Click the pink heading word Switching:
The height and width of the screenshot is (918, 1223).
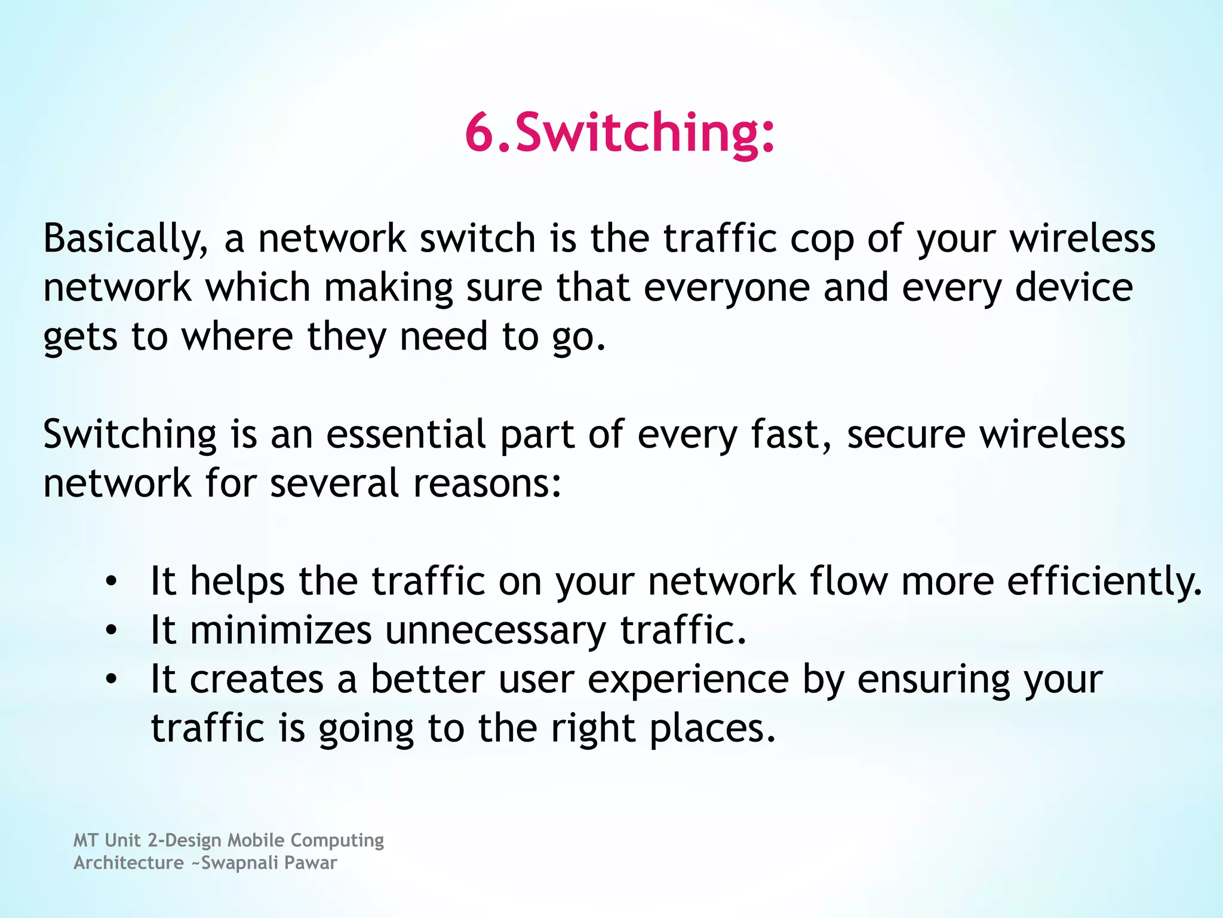point(645,133)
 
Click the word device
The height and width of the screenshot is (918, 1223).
point(1074,288)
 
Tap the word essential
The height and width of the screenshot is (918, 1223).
point(405,434)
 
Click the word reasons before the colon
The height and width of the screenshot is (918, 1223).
point(481,484)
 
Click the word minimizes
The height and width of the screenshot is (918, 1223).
point(281,631)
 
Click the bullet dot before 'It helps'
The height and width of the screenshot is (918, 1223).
point(111,582)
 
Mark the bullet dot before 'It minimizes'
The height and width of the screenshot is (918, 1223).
point(111,631)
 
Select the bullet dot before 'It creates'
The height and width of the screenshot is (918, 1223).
point(111,680)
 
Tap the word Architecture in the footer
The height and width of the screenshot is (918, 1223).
point(128,863)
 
